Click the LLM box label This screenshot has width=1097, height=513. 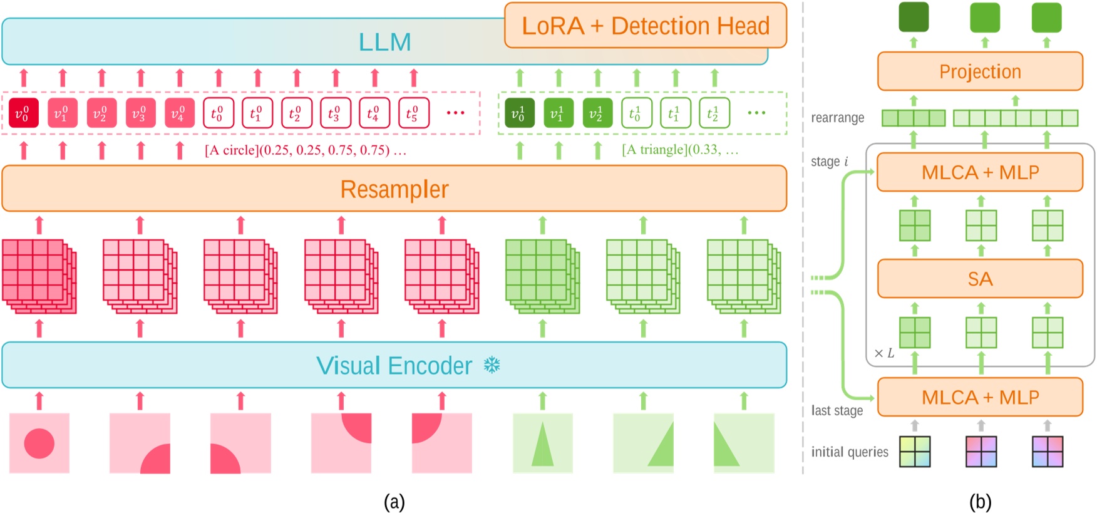[384, 43]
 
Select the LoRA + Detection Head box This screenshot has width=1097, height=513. [645, 26]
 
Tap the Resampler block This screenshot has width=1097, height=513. [394, 189]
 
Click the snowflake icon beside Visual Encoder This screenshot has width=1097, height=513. [492, 365]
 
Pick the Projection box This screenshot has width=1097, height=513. [979, 71]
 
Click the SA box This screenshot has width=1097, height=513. [979, 279]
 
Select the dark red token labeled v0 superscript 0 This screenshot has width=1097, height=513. [23, 113]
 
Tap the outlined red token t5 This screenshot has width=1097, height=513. [413, 113]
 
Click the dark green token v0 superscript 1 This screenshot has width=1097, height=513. [519, 113]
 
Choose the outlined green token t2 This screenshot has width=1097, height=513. [714, 113]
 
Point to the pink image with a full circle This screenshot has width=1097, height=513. [39, 443]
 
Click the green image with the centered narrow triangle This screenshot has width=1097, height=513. [542, 443]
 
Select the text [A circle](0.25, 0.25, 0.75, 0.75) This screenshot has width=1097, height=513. [305, 150]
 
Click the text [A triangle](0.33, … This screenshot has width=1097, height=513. [679, 150]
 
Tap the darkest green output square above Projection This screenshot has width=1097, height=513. [913, 17]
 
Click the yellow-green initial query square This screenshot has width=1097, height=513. [914, 452]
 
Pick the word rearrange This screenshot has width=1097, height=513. [837, 118]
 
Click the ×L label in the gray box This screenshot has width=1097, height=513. [884, 353]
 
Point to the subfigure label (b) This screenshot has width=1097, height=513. [979, 502]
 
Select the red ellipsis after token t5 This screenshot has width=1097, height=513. [455, 113]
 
